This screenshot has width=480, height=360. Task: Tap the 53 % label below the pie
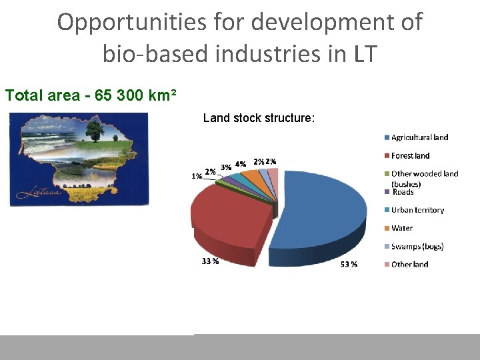(349, 264)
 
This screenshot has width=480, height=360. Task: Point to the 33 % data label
(210, 261)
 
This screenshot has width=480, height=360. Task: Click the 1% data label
(197, 176)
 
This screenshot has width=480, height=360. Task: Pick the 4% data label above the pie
(241, 163)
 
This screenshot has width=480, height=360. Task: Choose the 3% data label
(227, 167)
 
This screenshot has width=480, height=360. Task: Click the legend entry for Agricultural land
(419, 137)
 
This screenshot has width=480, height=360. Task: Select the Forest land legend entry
(410, 155)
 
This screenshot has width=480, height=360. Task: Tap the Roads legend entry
(403, 192)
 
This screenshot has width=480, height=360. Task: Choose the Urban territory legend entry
(417, 210)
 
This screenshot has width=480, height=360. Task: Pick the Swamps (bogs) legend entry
(417, 247)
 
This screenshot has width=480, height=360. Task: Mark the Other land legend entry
(409, 265)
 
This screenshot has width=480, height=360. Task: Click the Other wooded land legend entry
(425, 174)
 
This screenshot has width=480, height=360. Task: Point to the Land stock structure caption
(259, 118)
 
